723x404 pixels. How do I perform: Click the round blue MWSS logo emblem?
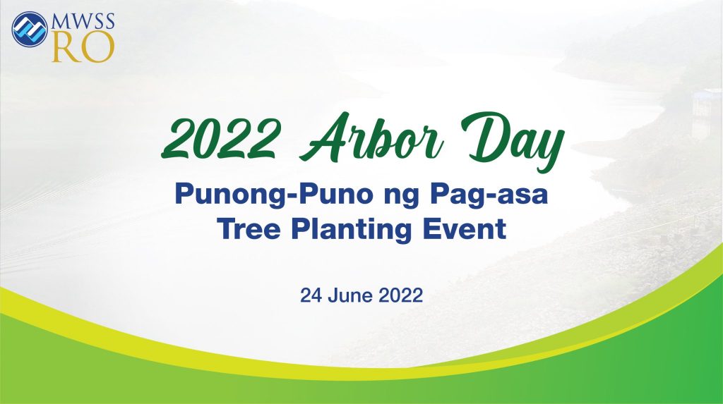tap(30, 29)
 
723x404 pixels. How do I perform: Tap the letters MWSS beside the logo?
tap(83, 21)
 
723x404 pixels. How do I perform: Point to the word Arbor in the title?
tap(371, 137)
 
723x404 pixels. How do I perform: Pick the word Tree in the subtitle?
tap(249, 228)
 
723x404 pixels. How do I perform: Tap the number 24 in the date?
tap(311, 295)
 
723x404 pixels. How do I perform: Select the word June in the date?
tap(350, 295)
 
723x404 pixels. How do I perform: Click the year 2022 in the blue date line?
tap(401, 295)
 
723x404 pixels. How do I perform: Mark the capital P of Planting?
tap(301, 228)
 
